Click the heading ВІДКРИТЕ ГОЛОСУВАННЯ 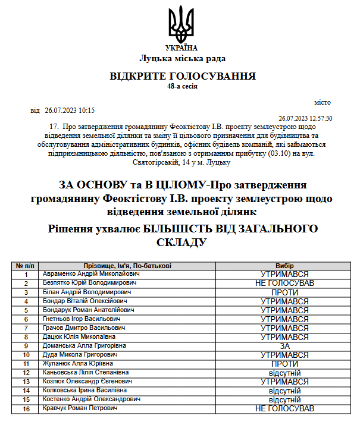coord(183,76)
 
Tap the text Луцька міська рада coord(183,58)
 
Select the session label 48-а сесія coord(183,86)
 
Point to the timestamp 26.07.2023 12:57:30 coord(305,118)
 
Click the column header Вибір coord(284,266)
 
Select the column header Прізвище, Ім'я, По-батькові coord(128,266)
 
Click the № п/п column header coord(26,266)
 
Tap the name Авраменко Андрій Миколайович coord(91,274)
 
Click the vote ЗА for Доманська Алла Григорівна coord(284,346)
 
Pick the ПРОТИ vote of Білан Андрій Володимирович coord(284,292)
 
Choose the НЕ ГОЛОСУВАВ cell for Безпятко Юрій coord(284,284)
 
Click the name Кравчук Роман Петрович coord(80,408)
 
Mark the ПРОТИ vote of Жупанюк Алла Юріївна coord(284,364)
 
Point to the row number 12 coord(26,373)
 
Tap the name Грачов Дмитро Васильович coord(83,328)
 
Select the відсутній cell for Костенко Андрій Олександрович coord(284,399)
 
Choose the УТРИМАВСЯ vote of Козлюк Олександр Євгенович coord(284,382)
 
